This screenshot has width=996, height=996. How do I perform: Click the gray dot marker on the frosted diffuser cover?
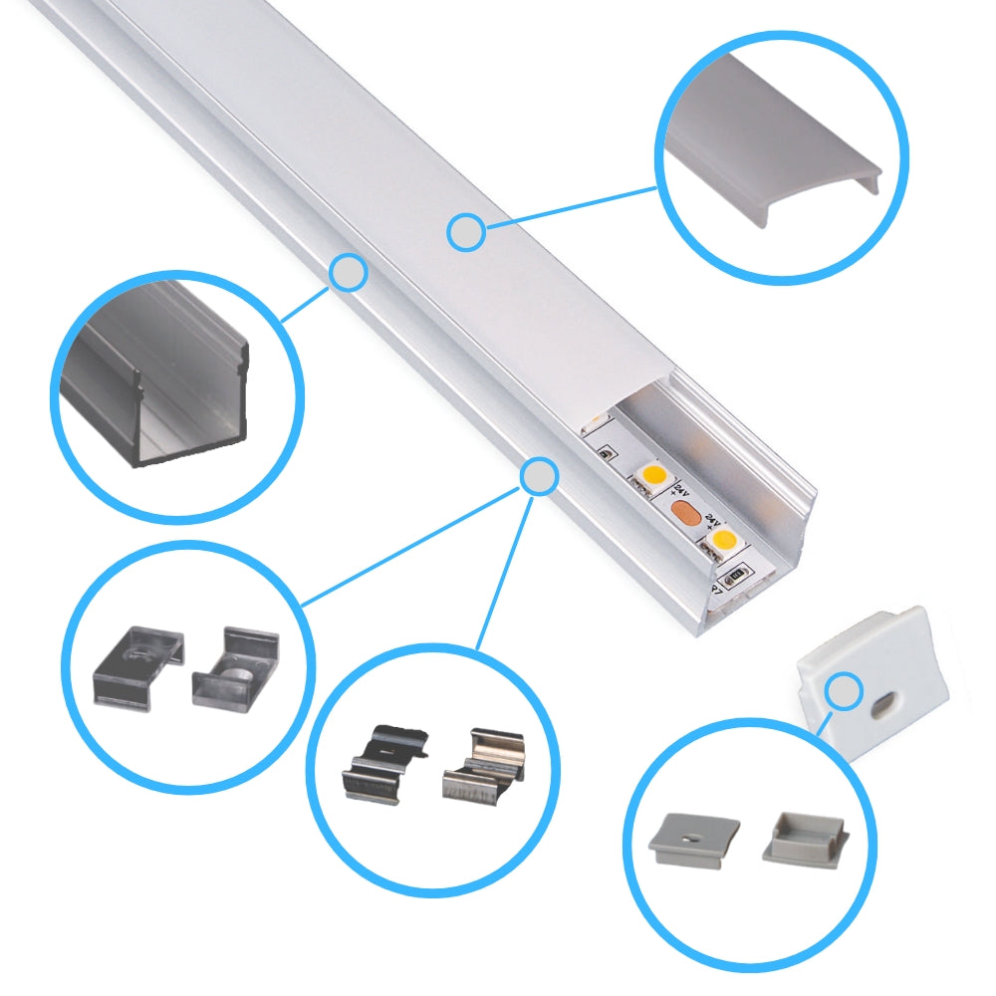pyautogui.click(x=465, y=233)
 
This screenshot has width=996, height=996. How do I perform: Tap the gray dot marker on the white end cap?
pyautogui.click(x=845, y=688)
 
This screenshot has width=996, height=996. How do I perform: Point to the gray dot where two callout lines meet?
pyautogui.click(x=539, y=476)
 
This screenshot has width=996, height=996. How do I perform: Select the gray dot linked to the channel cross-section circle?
pyautogui.click(x=348, y=272)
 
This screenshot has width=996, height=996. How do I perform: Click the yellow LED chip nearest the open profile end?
pyautogui.click(x=721, y=540)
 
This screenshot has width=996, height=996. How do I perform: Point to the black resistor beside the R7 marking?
pyautogui.click(x=738, y=575)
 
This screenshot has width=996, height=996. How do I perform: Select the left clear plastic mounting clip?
pyautogui.click(x=139, y=665)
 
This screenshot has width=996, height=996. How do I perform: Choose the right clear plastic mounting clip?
pyautogui.click(x=235, y=666)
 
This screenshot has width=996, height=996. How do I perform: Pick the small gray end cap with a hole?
pyautogui.click(x=695, y=840)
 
